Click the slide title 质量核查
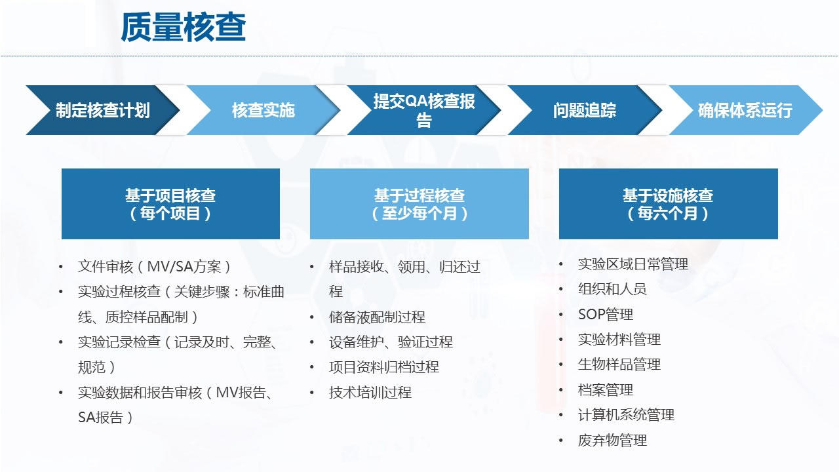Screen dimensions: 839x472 click(x=183, y=27)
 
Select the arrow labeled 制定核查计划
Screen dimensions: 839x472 click(x=103, y=110)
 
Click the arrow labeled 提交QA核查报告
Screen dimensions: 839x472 click(x=423, y=110)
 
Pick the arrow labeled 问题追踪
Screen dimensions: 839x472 click(x=584, y=110)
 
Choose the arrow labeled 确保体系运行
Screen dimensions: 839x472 click(x=745, y=110)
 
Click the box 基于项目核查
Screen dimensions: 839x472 click(x=170, y=204)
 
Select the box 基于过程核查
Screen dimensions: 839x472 click(x=419, y=204)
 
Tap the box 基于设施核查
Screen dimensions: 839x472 click(x=668, y=204)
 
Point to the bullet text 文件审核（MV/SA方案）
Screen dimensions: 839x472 click(x=154, y=267)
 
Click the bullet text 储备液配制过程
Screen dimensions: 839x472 click(x=377, y=317)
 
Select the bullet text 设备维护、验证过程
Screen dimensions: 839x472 click(x=391, y=342)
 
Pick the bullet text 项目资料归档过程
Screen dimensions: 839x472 click(x=384, y=367)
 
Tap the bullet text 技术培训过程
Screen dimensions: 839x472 click(x=370, y=392)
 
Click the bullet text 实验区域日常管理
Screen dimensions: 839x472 click(x=633, y=264)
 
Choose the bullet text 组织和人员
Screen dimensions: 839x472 click(x=612, y=289)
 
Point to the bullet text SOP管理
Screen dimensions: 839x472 click(x=605, y=314)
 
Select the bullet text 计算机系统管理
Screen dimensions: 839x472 click(x=626, y=415)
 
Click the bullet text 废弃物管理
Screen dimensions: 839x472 click(x=612, y=440)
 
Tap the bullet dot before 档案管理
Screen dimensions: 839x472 click(x=560, y=390)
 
